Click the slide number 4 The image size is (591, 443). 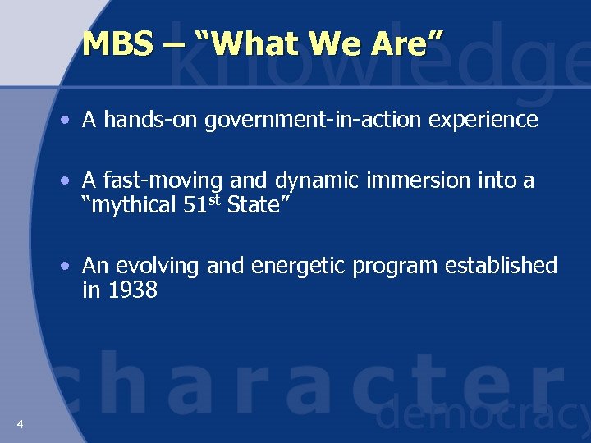19,423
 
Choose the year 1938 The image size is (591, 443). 131,290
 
